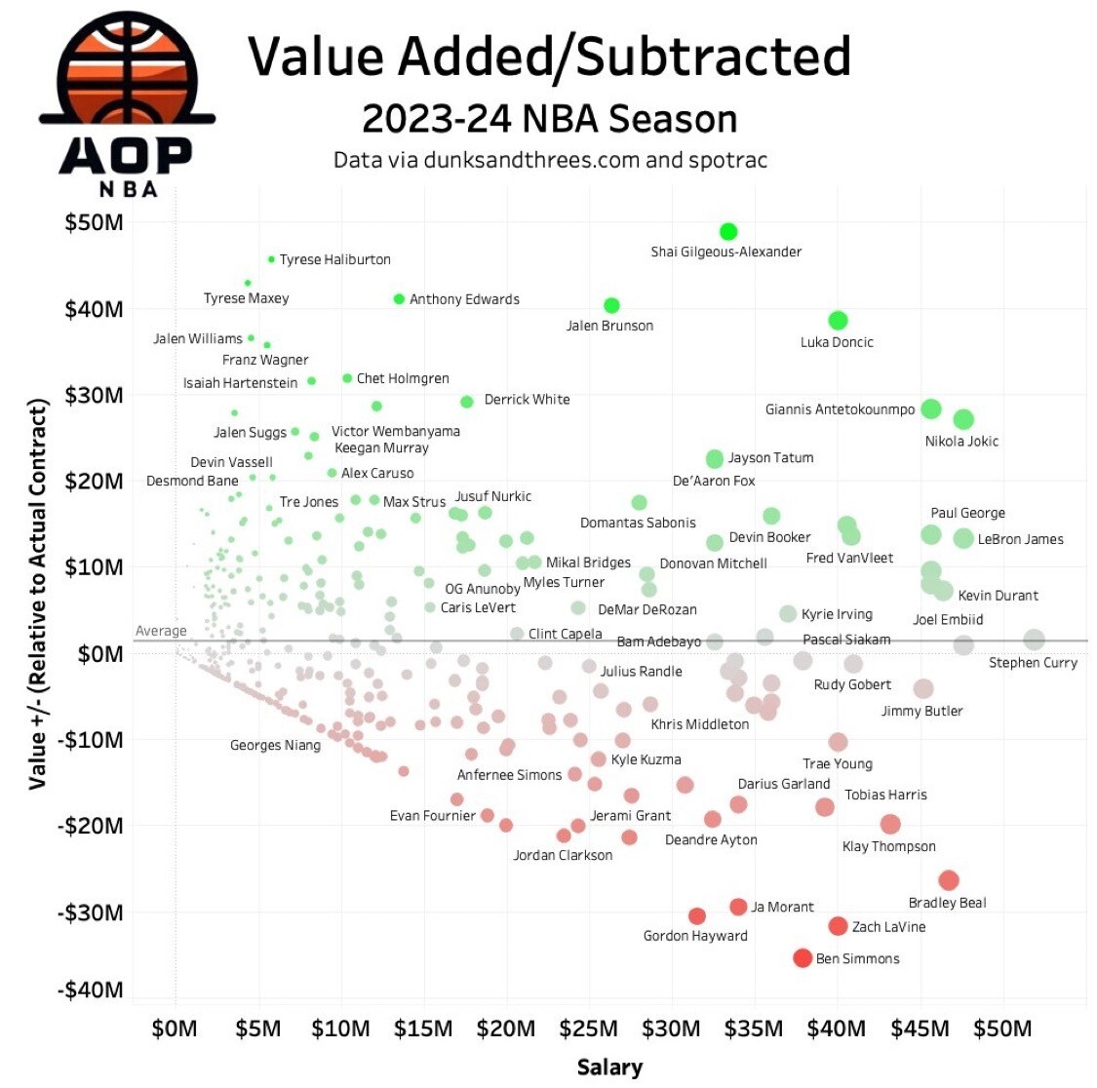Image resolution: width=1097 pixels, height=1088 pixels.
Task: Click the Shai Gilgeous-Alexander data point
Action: pyautogui.click(x=728, y=232)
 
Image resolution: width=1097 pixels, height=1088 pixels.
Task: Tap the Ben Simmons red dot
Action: pyautogui.click(x=803, y=958)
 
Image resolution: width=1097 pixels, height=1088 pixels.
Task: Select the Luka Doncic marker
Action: pyautogui.click(x=838, y=321)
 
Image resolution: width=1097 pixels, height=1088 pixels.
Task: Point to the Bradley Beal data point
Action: pyautogui.click(x=949, y=880)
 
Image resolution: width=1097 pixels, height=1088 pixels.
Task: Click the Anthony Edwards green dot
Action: pyautogui.click(x=399, y=299)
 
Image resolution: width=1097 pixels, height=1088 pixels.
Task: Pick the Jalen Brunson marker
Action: pyautogui.click(x=611, y=306)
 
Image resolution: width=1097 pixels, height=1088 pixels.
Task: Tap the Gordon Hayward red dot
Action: pyautogui.click(x=697, y=916)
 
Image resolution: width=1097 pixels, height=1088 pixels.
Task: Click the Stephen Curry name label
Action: pyautogui.click(x=1033, y=663)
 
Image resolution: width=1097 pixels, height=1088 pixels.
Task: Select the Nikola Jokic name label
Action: pyautogui.click(x=961, y=442)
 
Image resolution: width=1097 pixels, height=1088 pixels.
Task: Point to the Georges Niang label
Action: pyautogui.click(x=275, y=746)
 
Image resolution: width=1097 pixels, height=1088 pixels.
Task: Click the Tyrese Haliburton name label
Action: pyautogui.click(x=334, y=260)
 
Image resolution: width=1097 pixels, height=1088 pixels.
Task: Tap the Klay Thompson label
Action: pyautogui.click(x=888, y=847)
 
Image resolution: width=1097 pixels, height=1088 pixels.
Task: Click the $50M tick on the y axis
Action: pyautogui.click(x=94, y=223)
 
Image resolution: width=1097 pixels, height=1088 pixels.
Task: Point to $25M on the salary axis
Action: pyautogui.click(x=590, y=1030)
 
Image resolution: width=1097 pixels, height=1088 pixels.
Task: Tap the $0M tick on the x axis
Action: pyautogui.click(x=175, y=1030)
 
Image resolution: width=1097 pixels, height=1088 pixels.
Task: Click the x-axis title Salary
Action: pyautogui.click(x=609, y=1068)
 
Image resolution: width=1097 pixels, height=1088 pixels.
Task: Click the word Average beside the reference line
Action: pyautogui.click(x=161, y=632)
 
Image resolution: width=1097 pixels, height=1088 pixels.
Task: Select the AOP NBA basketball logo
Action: pyautogui.click(x=127, y=102)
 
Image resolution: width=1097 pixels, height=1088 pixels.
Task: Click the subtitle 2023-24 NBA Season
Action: pyautogui.click(x=549, y=120)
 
